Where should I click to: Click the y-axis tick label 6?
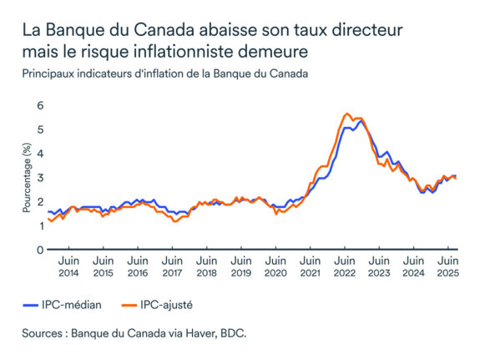tap(38, 106)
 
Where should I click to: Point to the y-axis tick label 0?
tap(38, 250)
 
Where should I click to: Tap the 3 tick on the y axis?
tap(38, 178)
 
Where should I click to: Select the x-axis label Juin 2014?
tap(68, 267)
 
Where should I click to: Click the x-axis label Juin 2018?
tap(206, 267)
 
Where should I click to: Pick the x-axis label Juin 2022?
tap(344, 267)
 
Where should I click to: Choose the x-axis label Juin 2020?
tap(275, 267)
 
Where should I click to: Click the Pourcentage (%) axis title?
tap(28, 178)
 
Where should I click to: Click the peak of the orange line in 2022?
tap(346, 114)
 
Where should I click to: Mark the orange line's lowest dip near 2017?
tap(174, 221)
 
